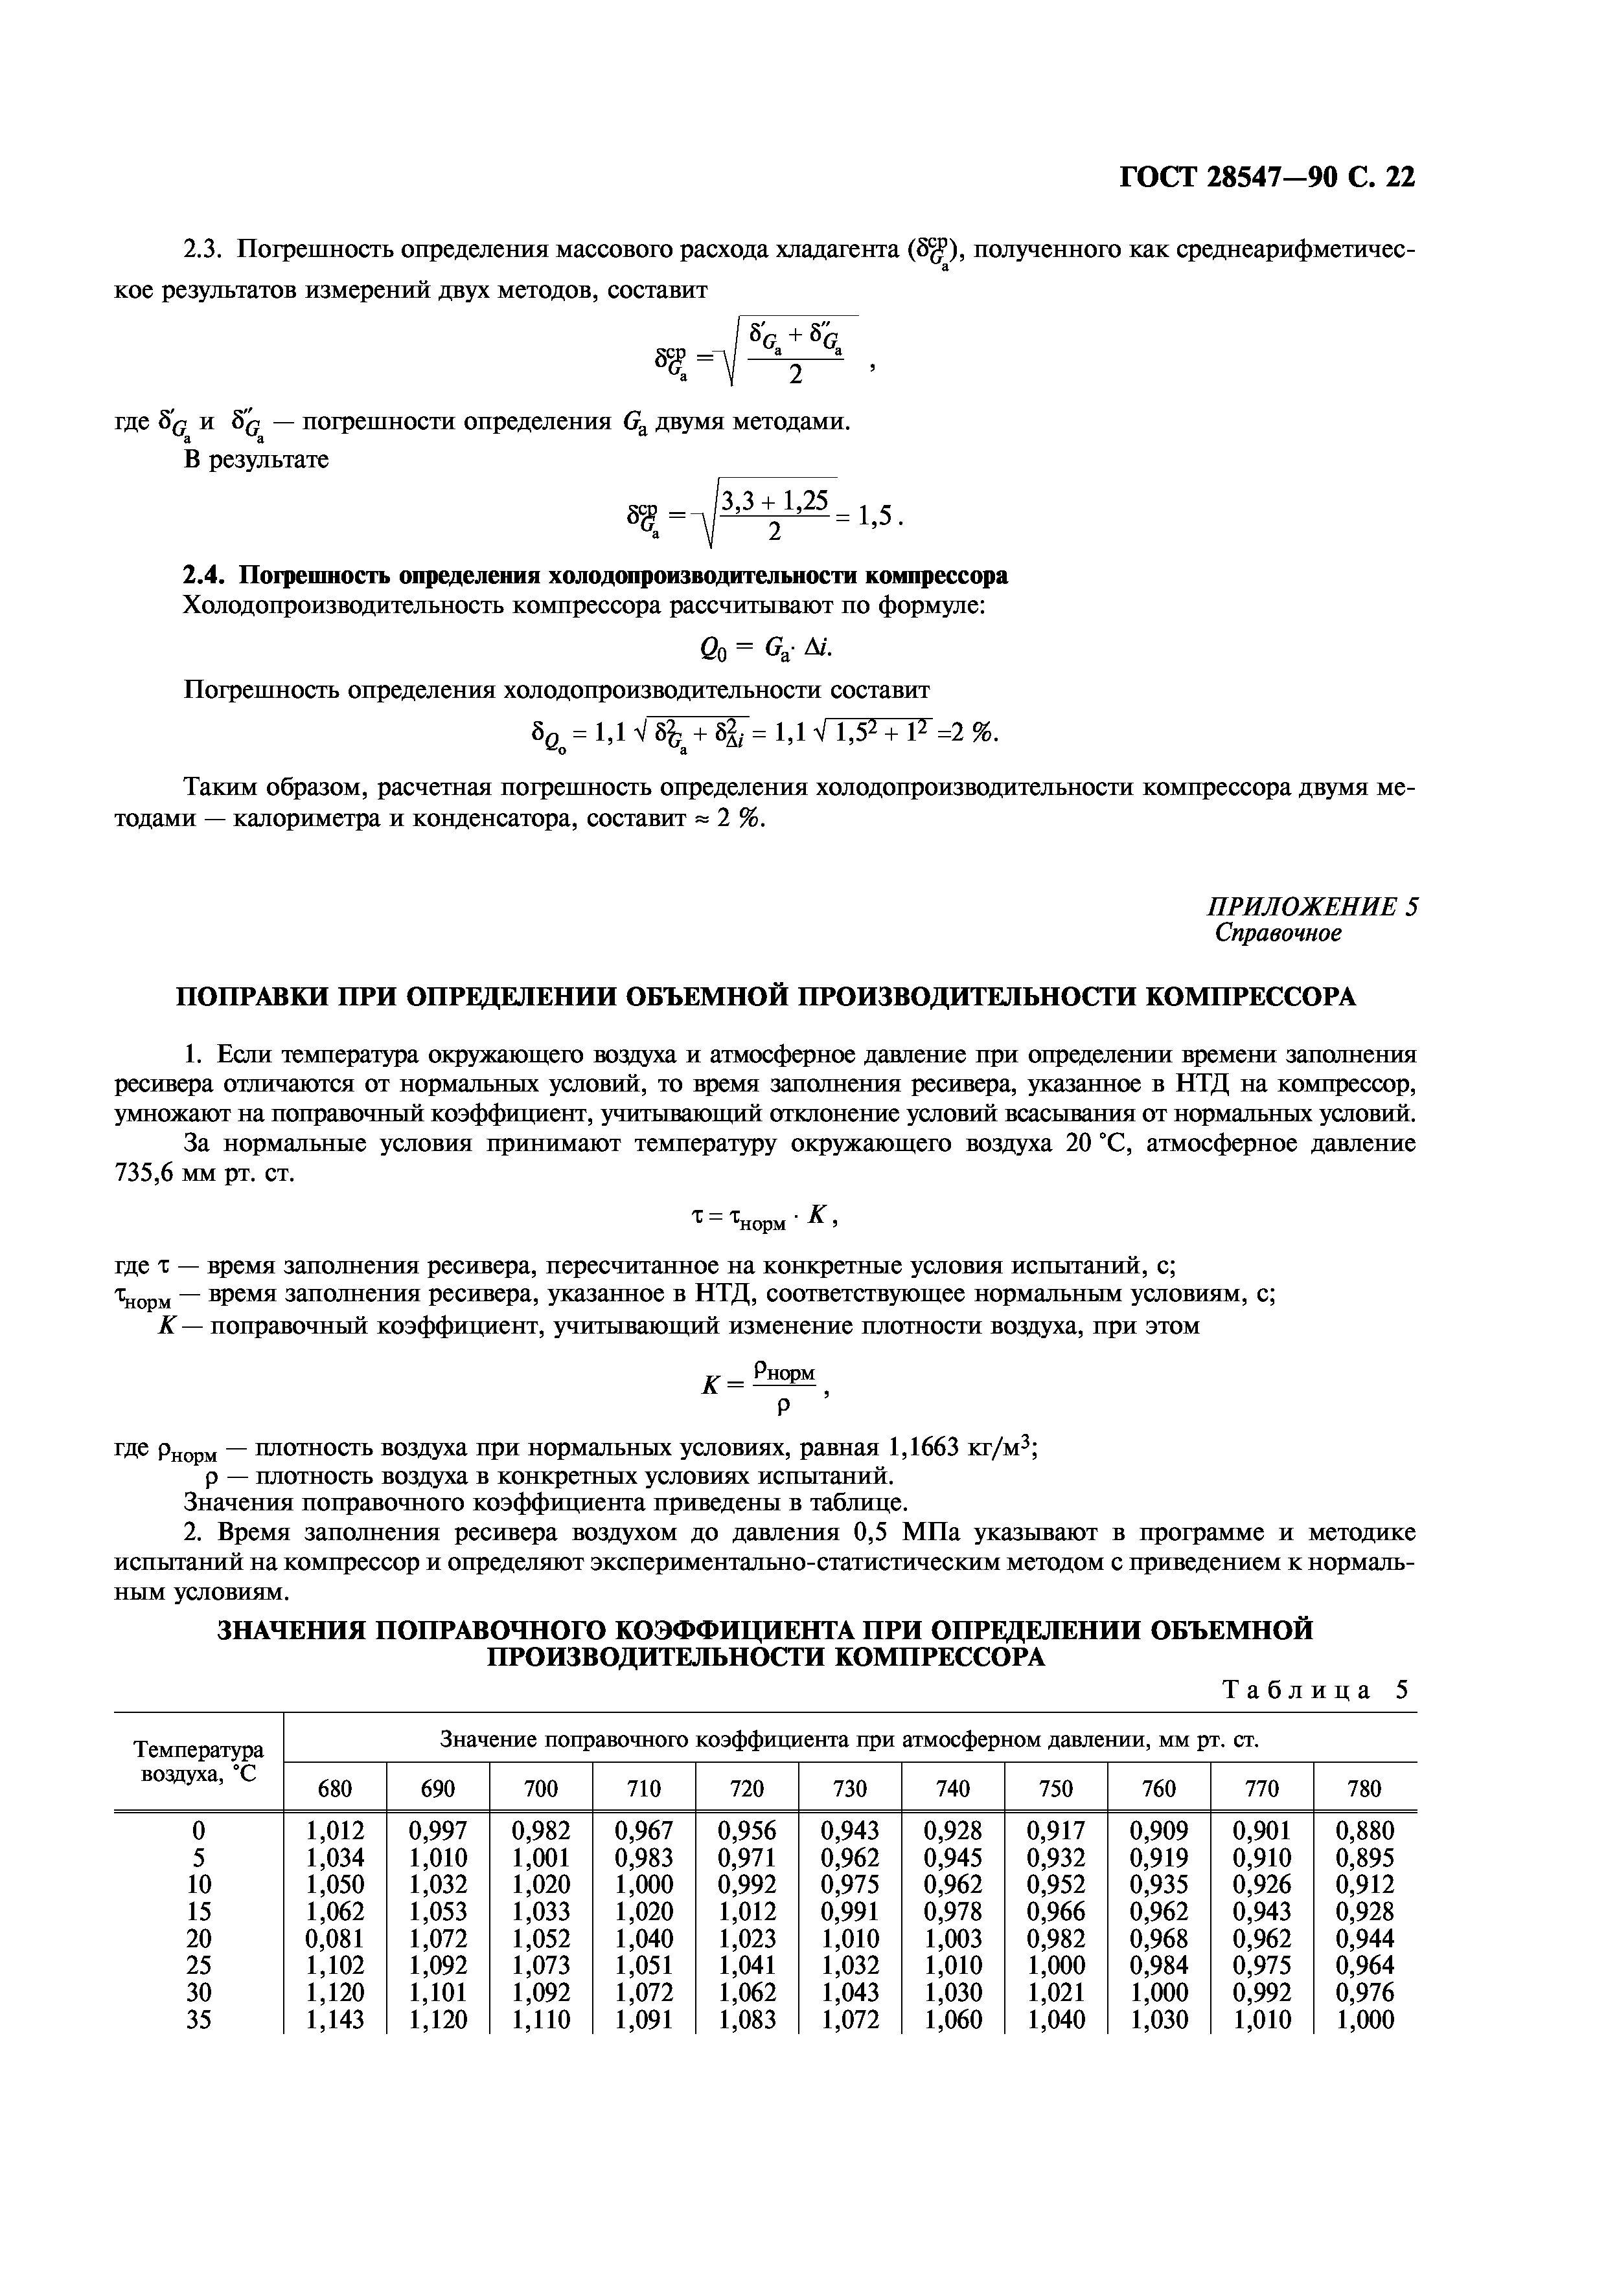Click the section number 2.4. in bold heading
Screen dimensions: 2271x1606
pos(207,576)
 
